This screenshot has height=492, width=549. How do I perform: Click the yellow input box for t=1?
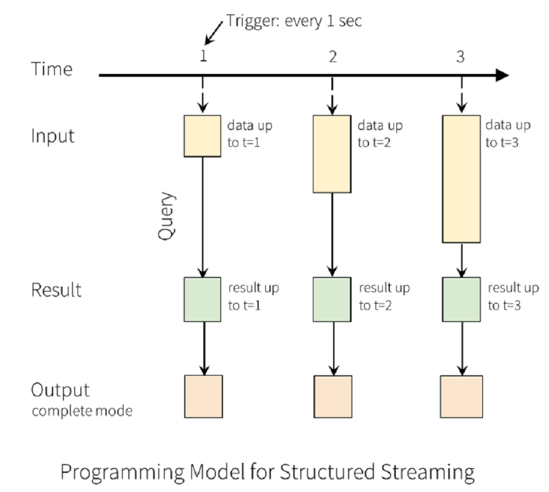click(x=203, y=136)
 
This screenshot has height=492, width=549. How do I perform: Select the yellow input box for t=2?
click(x=332, y=154)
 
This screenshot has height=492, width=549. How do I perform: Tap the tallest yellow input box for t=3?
click(x=461, y=179)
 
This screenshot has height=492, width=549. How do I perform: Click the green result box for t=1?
click(x=203, y=299)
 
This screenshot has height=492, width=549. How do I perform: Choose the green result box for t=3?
click(x=461, y=299)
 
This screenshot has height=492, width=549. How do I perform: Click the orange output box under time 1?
click(x=203, y=396)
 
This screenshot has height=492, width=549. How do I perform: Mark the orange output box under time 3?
click(x=461, y=396)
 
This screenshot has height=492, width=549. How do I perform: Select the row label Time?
click(x=52, y=69)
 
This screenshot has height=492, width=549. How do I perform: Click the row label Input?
click(x=53, y=136)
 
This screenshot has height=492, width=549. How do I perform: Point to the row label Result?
click(x=57, y=290)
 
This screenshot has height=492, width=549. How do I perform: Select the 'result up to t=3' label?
click(x=513, y=296)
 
